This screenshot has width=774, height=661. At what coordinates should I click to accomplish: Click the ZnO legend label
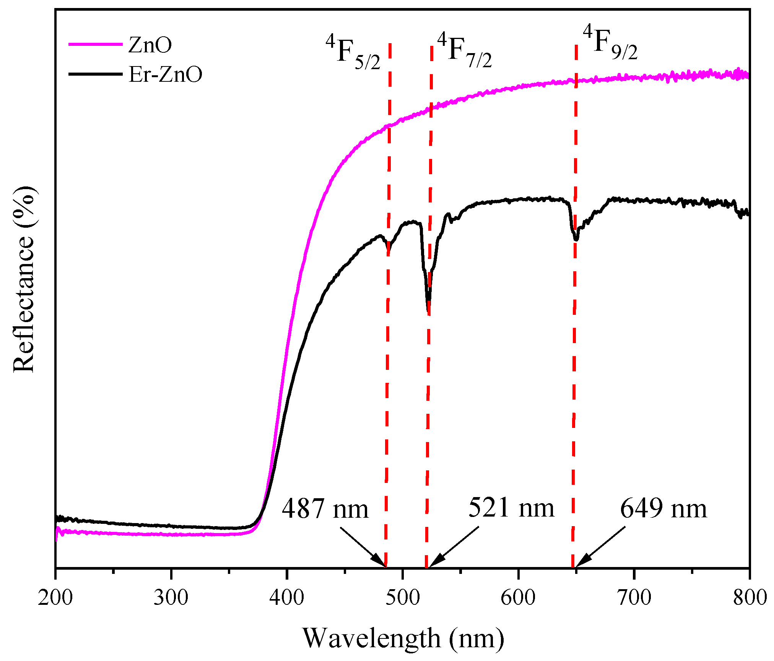coord(150,45)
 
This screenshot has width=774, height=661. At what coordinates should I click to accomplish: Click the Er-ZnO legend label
coord(165,75)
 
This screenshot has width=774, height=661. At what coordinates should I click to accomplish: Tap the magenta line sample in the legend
coord(95,45)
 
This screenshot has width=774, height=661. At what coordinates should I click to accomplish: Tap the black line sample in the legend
coord(95,74)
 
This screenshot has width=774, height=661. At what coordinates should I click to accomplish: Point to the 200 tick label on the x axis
coord(55,597)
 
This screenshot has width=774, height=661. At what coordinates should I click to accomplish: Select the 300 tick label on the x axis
coord(171,597)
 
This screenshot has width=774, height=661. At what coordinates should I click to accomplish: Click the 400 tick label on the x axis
coord(287,597)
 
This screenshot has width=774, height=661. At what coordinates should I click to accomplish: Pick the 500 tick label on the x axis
coord(403,597)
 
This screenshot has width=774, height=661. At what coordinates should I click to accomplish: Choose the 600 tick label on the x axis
coord(518,597)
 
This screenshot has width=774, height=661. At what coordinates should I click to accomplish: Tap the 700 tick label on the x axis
coord(634,597)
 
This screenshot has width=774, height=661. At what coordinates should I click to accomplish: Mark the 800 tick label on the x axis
coord(750,597)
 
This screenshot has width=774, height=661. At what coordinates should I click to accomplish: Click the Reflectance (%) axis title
coord(24,280)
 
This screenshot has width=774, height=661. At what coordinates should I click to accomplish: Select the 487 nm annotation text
coord(325,509)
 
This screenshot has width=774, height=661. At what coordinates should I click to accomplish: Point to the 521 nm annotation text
coord(511,508)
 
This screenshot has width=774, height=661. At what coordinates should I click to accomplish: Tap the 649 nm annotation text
coord(663,509)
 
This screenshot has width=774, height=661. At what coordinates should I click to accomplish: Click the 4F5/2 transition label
coord(353,53)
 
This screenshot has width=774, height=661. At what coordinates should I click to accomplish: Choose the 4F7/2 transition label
coord(464,51)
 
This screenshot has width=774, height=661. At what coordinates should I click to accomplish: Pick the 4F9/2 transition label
coord(610,43)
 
